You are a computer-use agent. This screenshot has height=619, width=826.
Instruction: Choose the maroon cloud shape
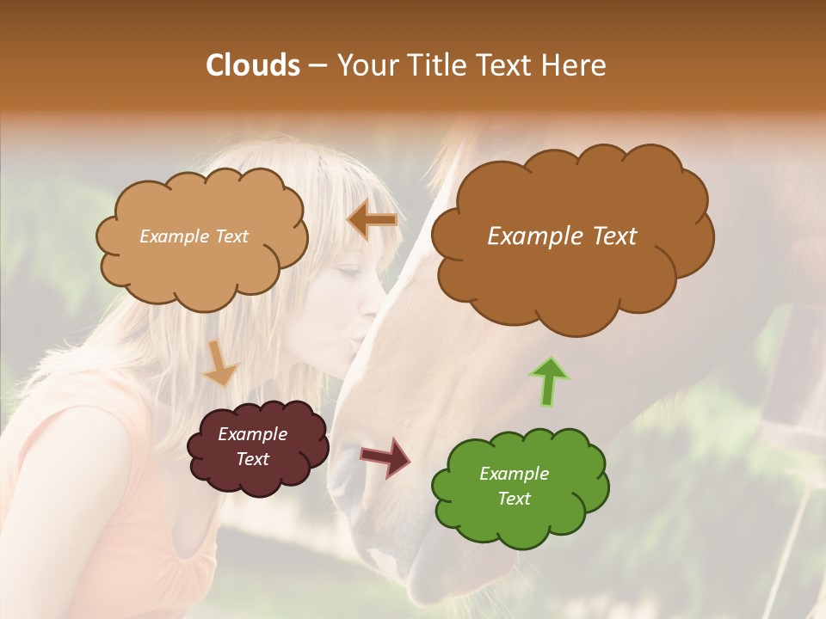coord(258,447)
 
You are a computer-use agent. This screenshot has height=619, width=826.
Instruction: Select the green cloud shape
coord(519,487)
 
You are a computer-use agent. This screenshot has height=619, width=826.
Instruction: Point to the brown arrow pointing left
coord(373,221)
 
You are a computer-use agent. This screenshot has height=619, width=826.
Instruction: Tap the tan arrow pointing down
coord(220,363)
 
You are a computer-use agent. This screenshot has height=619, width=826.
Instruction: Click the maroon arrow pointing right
coord(385,457)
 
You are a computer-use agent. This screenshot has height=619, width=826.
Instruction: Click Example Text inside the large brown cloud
coord(562,236)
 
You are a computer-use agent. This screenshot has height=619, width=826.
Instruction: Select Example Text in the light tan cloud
coord(194,236)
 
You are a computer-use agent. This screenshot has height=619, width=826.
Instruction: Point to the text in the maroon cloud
coord(252,447)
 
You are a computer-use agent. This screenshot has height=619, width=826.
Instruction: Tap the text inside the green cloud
coord(514,487)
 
